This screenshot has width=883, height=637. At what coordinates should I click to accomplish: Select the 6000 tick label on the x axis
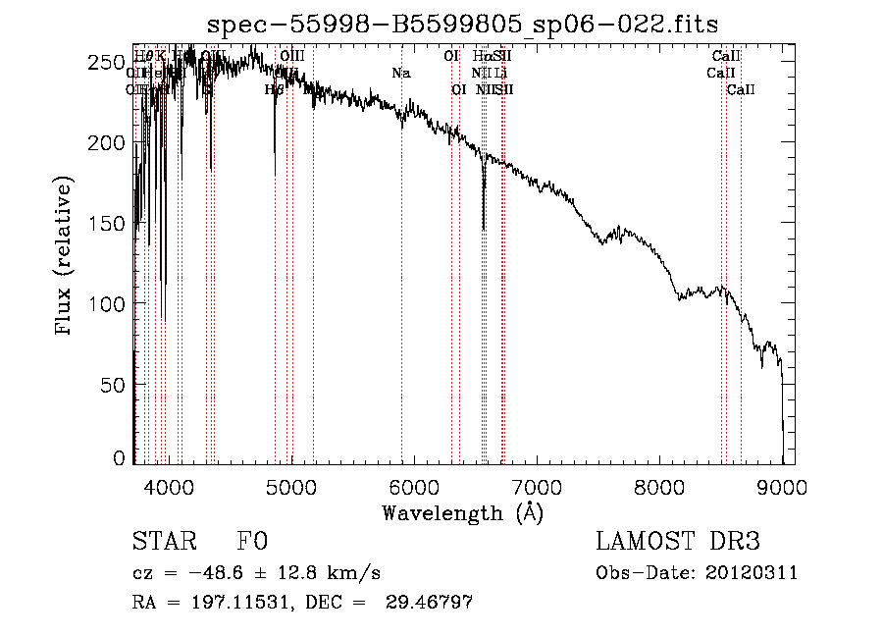pos(413,485)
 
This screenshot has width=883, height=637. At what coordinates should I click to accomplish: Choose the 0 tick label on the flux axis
pos(118,457)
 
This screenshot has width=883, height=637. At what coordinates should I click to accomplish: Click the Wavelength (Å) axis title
pos(461,512)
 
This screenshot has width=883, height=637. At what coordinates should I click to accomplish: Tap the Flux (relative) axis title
pos(66,258)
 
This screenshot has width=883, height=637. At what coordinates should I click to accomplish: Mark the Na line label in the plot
pos(400,73)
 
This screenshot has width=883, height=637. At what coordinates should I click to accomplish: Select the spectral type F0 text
pos(252,543)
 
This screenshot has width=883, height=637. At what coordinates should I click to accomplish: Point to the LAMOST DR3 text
pos(677,543)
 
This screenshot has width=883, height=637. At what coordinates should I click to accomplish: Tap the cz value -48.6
pos(213,573)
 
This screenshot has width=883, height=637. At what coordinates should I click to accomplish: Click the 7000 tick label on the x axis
pos(536,485)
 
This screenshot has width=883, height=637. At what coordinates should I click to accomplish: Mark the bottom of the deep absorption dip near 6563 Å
pos(484,230)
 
